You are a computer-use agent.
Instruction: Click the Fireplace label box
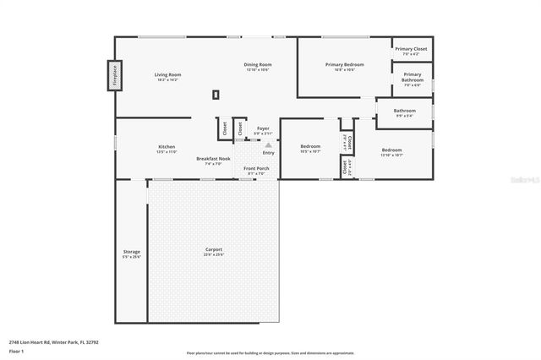pos(114,75)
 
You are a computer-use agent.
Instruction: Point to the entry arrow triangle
pos(269,145)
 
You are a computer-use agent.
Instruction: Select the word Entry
pos(268,153)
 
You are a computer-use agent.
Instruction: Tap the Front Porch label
pos(255,169)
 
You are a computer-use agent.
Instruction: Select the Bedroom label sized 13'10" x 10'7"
pos(391,152)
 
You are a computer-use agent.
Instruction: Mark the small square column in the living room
pos(216,95)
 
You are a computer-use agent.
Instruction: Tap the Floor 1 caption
pos(15,350)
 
